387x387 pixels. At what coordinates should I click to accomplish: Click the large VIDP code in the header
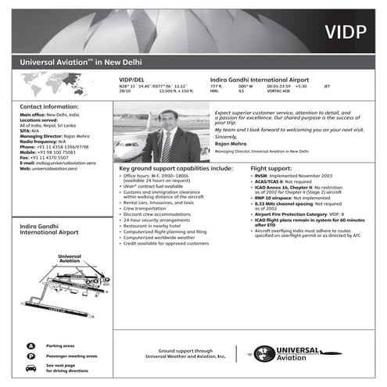click(346, 31)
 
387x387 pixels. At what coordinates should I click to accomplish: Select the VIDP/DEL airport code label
click(131, 80)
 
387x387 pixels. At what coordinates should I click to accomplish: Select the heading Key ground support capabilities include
click(176, 168)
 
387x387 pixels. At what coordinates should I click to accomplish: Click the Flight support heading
click(271, 168)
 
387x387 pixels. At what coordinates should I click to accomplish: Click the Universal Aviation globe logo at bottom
click(265, 353)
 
